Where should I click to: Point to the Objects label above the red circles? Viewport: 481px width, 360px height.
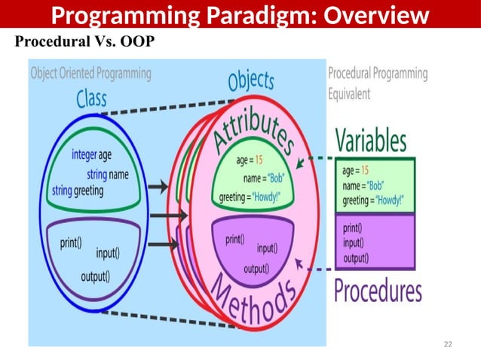[251, 81]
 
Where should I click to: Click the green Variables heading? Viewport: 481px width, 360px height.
[370, 140]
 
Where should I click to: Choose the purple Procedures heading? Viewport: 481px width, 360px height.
[378, 289]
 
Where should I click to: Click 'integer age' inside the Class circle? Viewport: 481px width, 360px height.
[91, 155]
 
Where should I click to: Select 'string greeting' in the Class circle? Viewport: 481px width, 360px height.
[78, 191]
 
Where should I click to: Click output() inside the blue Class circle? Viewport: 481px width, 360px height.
[95, 276]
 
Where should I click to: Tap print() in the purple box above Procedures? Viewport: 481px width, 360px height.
[351, 227]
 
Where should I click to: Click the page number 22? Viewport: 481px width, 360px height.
[448, 344]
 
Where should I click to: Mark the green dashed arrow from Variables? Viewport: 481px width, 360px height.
[317, 158]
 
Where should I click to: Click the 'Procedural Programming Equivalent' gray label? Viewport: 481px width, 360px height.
[377, 84]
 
